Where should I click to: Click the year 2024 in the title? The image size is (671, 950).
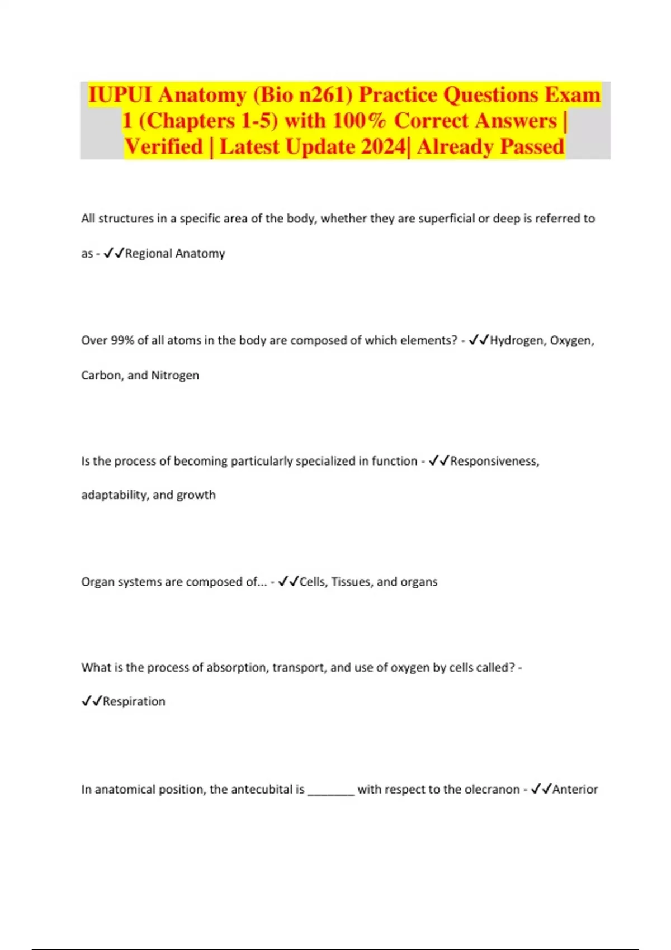point(384,147)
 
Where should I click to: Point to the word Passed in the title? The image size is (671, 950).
point(532,147)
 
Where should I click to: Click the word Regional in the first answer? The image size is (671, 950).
point(148,254)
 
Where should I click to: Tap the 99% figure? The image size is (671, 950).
point(122,340)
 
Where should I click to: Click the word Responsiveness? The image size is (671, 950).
point(494,461)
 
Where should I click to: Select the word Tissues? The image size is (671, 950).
point(351,582)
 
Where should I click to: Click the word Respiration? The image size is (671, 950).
point(134,701)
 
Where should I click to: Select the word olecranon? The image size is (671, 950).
point(492,789)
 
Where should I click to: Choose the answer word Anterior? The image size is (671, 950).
point(575,789)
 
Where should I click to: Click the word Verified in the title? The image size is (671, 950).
point(164,147)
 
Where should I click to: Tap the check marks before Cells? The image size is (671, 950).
point(289,582)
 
